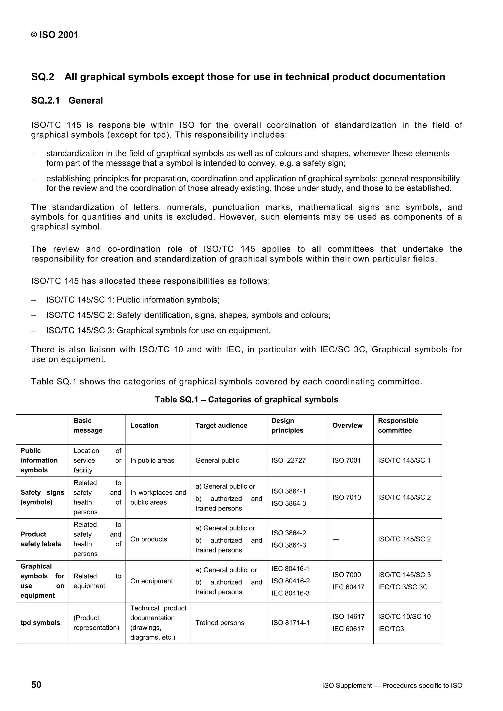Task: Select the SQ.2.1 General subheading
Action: (67, 101)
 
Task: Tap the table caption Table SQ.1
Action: (246, 399)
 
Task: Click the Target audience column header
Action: (221, 425)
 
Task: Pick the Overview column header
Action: (347, 425)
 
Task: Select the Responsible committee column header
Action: (398, 425)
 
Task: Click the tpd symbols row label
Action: (40, 622)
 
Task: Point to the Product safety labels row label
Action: (41, 539)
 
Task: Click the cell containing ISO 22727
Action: (288, 461)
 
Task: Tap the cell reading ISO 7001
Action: (347, 461)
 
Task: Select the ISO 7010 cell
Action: (347, 497)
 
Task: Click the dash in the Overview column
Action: (336, 539)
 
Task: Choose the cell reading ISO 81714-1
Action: (290, 622)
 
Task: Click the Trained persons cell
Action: (220, 622)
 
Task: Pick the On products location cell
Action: (148, 539)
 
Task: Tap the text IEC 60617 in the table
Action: (348, 629)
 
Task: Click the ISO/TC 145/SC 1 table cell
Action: (404, 461)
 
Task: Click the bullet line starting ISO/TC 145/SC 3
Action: (158, 331)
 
